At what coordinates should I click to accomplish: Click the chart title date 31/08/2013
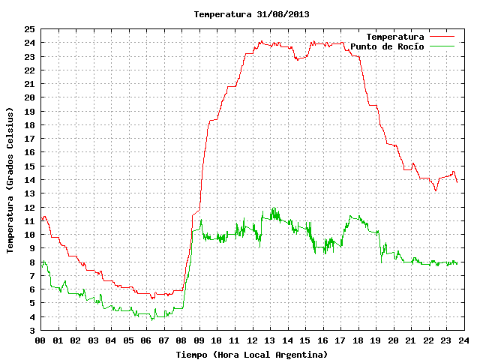[283, 14]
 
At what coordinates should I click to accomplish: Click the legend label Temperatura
[395, 37]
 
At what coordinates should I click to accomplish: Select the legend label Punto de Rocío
[387, 46]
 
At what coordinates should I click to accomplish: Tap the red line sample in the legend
[442, 37]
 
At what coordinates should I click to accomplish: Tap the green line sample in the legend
[442, 46]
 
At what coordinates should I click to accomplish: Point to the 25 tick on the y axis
[30, 29]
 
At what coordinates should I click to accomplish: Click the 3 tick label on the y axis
[32, 330]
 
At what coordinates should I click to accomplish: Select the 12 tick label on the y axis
[30, 207]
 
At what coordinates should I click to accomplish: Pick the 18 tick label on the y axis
[30, 125]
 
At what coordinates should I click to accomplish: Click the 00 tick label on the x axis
[40, 340]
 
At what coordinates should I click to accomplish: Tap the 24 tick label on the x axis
[463, 340]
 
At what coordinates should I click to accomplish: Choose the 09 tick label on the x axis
[199, 340]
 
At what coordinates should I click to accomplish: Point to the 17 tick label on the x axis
[340, 340]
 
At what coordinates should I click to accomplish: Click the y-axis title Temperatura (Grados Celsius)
[10, 180]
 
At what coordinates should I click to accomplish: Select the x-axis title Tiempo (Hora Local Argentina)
[252, 355]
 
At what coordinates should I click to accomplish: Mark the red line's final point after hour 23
[457, 182]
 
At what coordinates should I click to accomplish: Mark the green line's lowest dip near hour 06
[152, 320]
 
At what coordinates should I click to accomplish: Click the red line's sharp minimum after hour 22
[436, 190]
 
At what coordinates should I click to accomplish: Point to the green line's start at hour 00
[41, 267]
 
